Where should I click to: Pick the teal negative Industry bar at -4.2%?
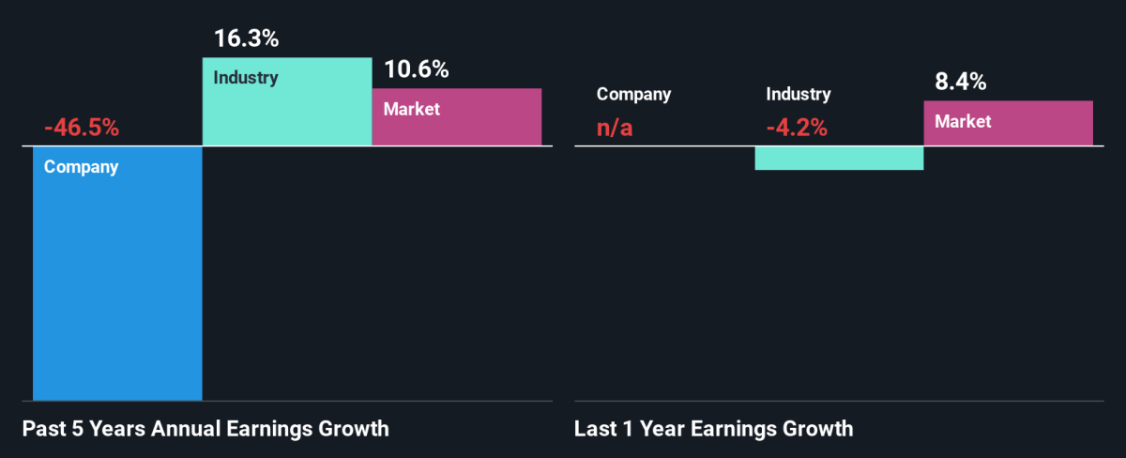click(839, 158)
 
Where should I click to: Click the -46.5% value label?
click(82, 129)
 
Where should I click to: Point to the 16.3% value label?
click(247, 40)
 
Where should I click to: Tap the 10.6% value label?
click(417, 69)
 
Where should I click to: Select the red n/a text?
click(616, 129)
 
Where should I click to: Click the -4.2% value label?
click(797, 129)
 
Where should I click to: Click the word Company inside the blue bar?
click(82, 168)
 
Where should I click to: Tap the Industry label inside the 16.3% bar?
click(246, 78)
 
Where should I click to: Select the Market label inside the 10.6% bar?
click(412, 109)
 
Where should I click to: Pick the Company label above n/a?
click(634, 94)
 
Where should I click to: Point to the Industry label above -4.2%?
click(799, 94)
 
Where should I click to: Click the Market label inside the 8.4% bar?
click(963, 121)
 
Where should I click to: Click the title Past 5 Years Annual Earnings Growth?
click(205, 429)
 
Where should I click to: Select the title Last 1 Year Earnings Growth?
click(714, 429)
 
